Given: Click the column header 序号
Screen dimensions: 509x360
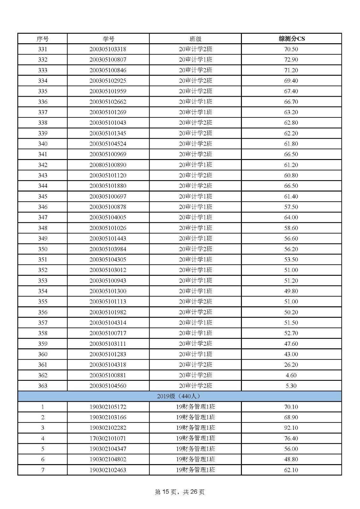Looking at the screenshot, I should [x=43, y=39].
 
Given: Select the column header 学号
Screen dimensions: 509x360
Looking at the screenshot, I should [x=108, y=39].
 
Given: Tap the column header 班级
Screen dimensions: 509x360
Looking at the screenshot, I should [x=195, y=39].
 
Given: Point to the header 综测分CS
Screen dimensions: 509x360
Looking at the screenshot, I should [x=292, y=39].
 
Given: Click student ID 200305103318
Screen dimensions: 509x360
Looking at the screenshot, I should [x=108, y=49].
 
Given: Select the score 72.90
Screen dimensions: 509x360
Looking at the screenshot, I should [x=291, y=60].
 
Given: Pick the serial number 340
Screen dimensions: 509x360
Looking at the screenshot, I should [x=43, y=144].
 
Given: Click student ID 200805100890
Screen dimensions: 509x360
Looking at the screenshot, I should [x=108, y=165].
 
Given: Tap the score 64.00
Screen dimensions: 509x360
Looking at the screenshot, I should [x=291, y=217].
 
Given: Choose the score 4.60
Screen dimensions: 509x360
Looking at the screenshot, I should [x=291, y=375].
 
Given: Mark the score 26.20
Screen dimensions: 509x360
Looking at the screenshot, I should [x=291, y=365].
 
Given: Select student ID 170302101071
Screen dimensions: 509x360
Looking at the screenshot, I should [x=108, y=438].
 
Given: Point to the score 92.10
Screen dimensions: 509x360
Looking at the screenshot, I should [x=291, y=428].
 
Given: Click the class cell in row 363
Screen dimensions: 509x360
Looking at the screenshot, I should [x=195, y=386].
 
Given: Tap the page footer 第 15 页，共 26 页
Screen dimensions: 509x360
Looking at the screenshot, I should [x=180, y=492].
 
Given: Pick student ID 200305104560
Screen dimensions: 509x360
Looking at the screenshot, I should [x=108, y=386].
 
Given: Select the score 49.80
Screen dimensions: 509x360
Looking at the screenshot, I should [x=291, y=291].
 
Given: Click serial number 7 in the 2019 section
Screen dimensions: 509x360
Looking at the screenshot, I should [x=43, y=470].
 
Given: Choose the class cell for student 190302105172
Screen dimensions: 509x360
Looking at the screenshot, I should [x=195, y=407].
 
